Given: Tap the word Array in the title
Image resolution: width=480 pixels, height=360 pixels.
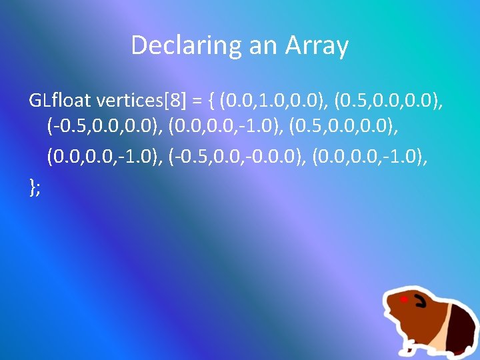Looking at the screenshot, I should pos(317,46).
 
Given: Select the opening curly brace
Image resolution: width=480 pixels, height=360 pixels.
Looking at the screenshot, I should pos(210,101).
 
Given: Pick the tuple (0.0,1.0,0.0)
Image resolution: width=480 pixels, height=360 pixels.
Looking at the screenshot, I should pos(274,101).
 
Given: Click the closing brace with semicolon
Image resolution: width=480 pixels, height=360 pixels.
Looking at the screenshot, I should pos(35,187).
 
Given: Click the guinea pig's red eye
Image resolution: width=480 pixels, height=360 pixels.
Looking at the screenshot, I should pos(404,300).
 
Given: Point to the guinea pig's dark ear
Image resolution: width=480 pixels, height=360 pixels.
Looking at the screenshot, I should pos(419,303).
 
